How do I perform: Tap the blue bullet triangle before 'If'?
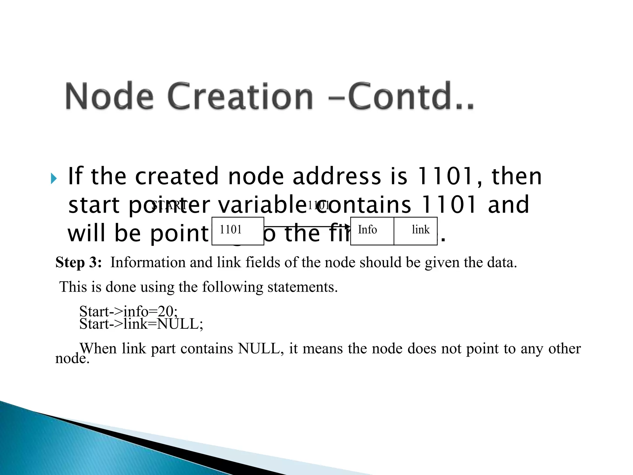tap(54, 178)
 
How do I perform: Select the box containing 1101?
tap(238, 231)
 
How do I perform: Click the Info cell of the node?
tap(372, 231)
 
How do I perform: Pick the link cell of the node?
tap(416, 231)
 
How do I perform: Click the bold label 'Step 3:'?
tap(79, 262)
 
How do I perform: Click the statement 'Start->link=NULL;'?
tap(141, 324)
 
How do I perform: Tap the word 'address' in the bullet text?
tap(337, 176)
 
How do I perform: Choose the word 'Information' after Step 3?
tap(148, 262)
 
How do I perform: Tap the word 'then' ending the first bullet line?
tap(516, 176)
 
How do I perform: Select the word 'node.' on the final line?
tap(72, 359)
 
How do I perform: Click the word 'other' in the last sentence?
tap(564, 349)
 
